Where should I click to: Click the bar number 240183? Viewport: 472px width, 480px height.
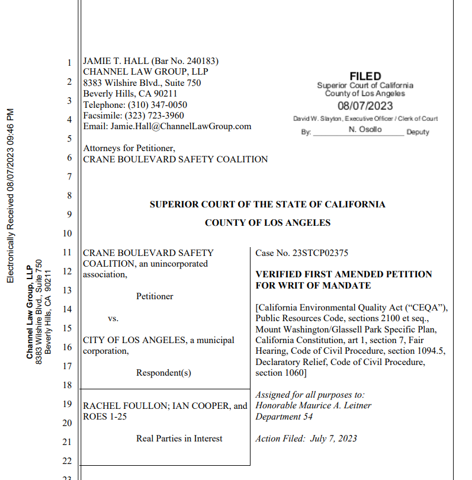coord(202,61)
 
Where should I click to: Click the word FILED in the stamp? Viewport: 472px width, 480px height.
coord(365,76)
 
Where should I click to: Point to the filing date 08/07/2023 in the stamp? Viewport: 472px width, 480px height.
coord(365,106)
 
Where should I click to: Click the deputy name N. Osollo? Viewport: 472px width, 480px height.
coord(365,129)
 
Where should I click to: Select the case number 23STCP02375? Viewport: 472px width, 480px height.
coord(320,253)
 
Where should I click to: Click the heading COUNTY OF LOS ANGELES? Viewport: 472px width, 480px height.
coord(267,223)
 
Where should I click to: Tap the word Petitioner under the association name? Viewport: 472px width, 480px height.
coord(155,296)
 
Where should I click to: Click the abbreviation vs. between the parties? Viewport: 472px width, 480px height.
coord(113,318)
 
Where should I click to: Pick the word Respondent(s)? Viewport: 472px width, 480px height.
coord(163,373)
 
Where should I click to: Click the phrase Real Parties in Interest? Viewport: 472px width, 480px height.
coord(179,439)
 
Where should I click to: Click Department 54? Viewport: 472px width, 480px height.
coord(284,417)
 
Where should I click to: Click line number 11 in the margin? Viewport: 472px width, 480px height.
coord(67,252)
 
